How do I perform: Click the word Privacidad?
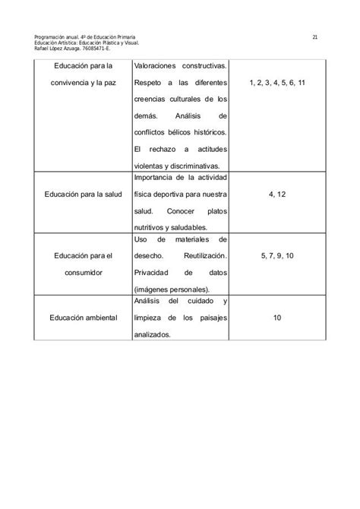pyautogui.click(x=156, y=272)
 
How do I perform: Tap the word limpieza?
pyautogui.click(x=150, y=318)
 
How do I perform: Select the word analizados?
pyautogui.click(x=153, y=334)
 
